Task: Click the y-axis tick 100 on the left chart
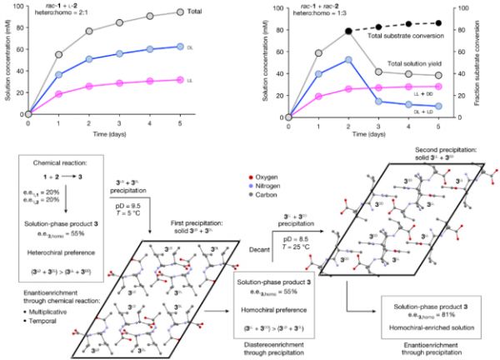click(19, 7)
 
